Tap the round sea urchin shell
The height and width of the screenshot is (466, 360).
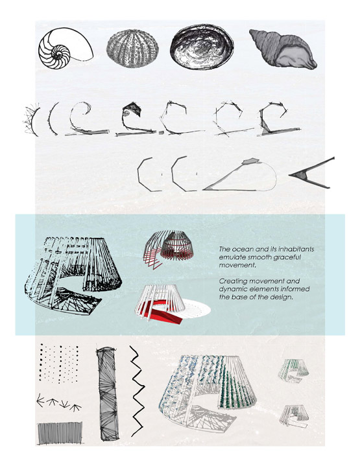(x=132, y=49)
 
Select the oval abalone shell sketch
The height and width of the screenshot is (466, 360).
(x=202, y=47)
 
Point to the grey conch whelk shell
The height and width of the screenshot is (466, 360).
(x=283, y=49)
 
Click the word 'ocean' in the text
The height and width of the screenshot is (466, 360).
(x=239, y=249)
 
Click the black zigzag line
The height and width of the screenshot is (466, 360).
(x=137, y=391)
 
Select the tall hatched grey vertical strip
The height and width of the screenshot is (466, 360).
(x=108, y=394)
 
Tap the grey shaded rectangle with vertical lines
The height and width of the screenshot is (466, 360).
(x=60, y=433)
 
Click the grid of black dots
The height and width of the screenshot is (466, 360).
(x=59, y=364)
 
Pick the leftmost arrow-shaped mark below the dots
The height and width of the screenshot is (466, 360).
(x=40, y=402)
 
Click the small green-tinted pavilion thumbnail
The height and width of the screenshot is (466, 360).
(x=293, y=371)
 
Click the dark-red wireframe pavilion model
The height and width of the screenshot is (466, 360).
(x=168, y=248)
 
